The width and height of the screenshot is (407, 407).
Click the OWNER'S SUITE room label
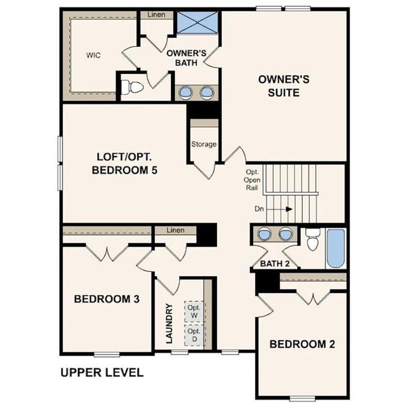(x=284, y=85)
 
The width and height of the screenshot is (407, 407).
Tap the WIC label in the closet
(x=93, y=55)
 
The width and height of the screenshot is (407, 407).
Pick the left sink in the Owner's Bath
(x=185, y=92)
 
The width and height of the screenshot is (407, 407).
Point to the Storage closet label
(x=203, y=144)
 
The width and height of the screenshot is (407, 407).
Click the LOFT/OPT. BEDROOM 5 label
(x=125, y=163)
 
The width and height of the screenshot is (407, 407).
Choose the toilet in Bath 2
(x=312, y=239)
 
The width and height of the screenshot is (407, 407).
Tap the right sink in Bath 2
(x=286, y=234)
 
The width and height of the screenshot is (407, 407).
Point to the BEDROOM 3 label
(x=107, y=298)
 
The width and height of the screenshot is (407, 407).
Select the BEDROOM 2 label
(x=302, y=344)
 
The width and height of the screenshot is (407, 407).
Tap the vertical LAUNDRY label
(x=169, y=323)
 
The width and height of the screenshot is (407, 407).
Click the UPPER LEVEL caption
(x=102, y=372)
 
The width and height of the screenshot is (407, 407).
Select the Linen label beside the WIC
(x=155, y=14)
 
